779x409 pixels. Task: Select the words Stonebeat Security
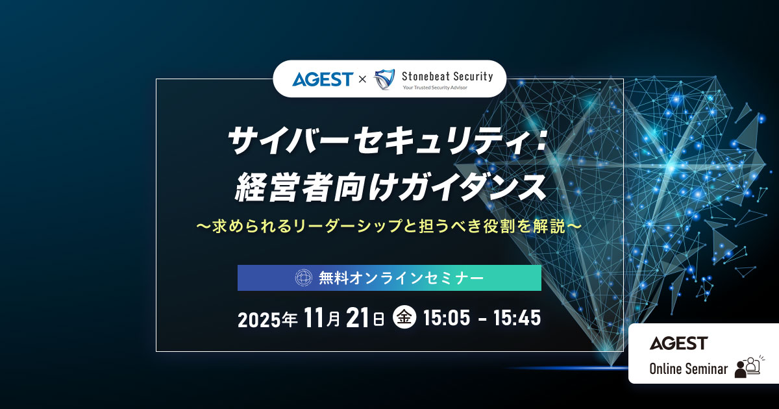[x=447, y=75]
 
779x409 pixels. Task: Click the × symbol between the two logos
[x=362, y=79]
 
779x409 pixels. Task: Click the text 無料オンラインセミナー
[x=401, y=278]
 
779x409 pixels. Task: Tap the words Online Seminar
[x=688, y=369]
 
